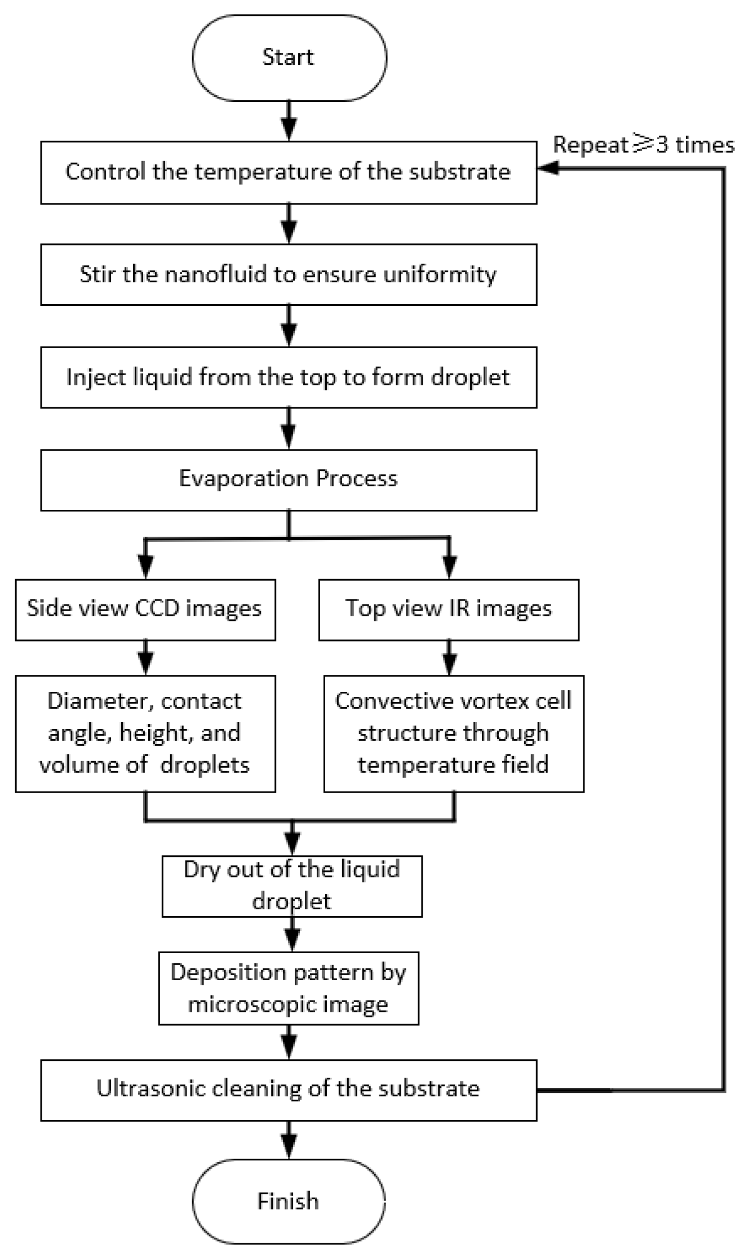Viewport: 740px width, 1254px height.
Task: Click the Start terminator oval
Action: [x=289, y=57]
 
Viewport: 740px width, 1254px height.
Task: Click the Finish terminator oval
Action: [x=289, y=1201]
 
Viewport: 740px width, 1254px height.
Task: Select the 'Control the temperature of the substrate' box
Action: [x=289, y=172]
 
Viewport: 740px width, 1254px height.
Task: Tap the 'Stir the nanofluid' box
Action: [x=289, y=275]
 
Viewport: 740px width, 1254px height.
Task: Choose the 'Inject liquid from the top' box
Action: [x=289, y=377]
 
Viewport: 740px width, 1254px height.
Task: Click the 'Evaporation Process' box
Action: [x=289, y=480]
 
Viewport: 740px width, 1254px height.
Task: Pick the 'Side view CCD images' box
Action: [x=145, y=610]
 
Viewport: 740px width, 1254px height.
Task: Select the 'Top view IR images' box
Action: [x=449, y=610]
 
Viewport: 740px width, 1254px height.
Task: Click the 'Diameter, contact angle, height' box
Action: [x=145, y=733]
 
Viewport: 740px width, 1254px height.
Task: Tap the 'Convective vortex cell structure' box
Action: [x=454, y=733]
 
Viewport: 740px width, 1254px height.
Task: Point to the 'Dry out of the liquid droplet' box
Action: [x=292, y=886]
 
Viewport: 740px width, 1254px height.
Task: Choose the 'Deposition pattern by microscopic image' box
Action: [x=289, y=989]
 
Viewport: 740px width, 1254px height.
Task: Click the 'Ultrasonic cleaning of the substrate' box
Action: [x=289, y=1090]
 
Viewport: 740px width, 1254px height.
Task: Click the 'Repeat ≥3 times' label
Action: [x=643, y=145]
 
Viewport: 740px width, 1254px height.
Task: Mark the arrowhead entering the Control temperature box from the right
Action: [x=547, y=168]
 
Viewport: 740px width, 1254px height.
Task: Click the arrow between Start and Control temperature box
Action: [x=289, y=121]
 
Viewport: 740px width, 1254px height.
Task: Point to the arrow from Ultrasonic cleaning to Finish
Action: [x=289, y=1139]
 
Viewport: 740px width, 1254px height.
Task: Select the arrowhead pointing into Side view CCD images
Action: [x=145, y=567]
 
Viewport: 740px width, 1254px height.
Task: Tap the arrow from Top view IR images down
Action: [x=449, y=658]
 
